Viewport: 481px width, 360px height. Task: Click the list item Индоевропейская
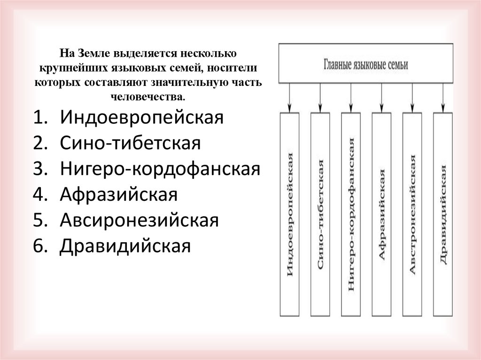140,117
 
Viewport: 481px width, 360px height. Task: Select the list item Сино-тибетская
131,143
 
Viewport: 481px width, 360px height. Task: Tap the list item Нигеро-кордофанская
160,169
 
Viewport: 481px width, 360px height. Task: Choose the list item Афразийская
118,194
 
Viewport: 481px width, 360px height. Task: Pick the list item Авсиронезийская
139,220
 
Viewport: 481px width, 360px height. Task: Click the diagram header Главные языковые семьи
366,64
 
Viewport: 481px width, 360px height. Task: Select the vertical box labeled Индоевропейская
290,214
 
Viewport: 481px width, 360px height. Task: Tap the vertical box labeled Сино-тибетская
320,214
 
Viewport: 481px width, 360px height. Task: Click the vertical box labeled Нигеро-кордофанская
351,214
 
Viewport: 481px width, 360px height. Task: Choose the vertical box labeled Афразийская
381,214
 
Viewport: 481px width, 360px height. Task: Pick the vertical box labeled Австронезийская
412,214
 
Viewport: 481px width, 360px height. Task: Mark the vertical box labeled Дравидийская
443,214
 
